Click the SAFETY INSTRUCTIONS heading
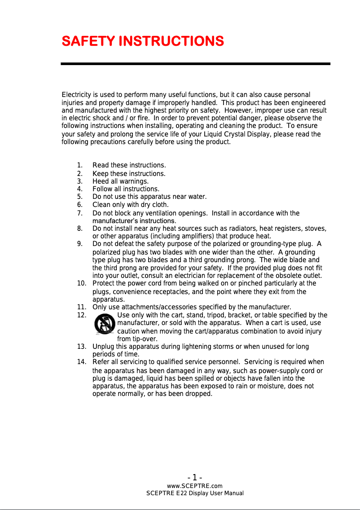pyautogui.click(x=143, y=42)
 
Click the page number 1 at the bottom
pyautogui.click(x=195, y=477)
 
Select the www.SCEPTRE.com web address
pyautogui.click(x=195, y=486)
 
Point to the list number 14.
pyautogui.click(x=82, y=362)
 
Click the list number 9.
pyautogui.click(x=79, y=244)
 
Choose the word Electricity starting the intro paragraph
pyautogui.click(x=76, y=95)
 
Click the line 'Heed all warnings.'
pyautogui.click(x=120, y=181)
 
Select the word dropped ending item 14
pyautogui.click(x=199, y=394)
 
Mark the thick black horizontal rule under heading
pyautogui.click(x=196, y=64)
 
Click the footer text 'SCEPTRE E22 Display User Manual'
pyautogui.click(x=195, y=493)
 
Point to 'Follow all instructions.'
pyautogui.click(x=126, y=189)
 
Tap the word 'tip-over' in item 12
pyautogui.click(x=137, y=339)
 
